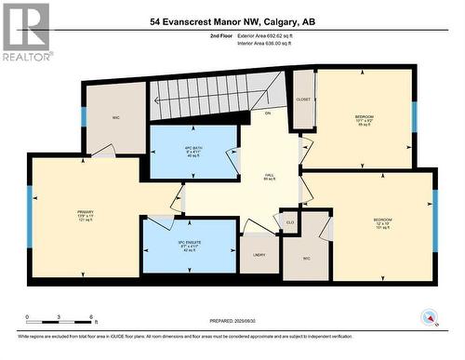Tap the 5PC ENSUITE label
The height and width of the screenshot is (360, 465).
[189, 245]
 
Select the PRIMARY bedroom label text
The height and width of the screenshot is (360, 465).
[86, 214]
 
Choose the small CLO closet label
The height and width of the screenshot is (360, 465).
[290, 222]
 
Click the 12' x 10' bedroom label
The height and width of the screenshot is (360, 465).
[383, 223]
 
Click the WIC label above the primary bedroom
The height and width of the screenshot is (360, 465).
[117, 117]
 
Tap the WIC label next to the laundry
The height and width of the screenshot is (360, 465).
[308, 259]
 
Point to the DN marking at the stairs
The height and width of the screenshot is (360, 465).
[267, 113]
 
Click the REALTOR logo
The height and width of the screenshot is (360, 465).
[26, 32]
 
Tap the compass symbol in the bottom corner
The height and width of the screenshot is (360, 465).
[430, 318]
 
